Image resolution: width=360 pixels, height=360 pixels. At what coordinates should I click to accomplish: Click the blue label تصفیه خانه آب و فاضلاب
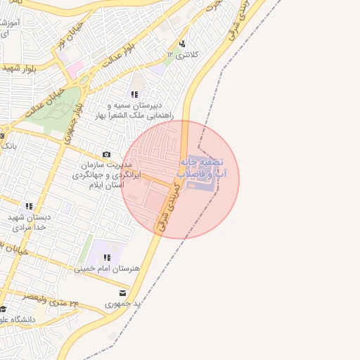click(x=200, y=167)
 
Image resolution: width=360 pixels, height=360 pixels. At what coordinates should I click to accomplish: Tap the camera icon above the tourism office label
click(x=106, y=155)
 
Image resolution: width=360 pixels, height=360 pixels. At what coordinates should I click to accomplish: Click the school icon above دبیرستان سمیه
click(x=134, y=94)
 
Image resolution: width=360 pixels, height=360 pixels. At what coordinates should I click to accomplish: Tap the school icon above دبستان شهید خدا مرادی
click(x=29, y=206)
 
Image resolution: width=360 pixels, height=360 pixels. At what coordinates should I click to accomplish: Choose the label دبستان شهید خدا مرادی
click(x=29, y=223)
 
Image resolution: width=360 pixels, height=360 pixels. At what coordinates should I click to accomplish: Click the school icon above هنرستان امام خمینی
click(x=107, y=258)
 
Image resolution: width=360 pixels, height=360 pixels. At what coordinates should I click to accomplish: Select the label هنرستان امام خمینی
click(x=107, y=269)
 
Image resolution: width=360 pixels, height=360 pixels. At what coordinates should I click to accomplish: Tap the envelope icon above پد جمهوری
click(x=123, y=293)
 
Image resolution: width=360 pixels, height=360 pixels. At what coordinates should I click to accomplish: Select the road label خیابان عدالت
click(x=44, y=101)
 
